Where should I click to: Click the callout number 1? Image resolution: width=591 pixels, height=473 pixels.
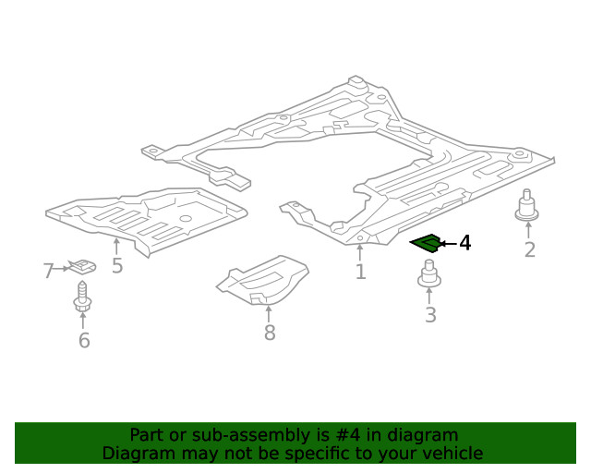click(x=360, y=272)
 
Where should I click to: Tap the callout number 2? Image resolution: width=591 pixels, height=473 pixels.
click(x=529, y=249)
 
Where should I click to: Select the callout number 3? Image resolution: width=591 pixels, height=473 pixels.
click(x=430, y=315)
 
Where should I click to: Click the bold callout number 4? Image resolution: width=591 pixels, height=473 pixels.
click(x=465, y=243)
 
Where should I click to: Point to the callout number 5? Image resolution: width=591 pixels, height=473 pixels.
click(x=117, y=265)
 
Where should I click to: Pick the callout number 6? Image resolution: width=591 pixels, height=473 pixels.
click(x=84, y=340)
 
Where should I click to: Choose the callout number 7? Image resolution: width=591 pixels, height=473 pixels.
click(x=48, y=271)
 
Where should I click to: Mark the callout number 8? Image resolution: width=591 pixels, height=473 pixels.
click(x=270, y=333)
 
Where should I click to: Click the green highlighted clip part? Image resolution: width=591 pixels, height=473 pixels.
click(x=426, y=243)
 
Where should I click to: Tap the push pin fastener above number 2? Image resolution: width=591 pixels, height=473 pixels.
click(x=526, y=206)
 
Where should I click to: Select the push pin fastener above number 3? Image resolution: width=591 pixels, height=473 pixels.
click(x=429, y=273)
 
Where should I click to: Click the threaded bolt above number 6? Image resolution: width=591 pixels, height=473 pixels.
click(x=82, y=297)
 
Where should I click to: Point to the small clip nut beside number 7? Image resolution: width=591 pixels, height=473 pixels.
click(x=82, y=266)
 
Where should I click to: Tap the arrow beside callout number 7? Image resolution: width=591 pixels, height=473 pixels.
click(x=62, y=269)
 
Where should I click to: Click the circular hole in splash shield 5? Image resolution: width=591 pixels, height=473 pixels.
click(x=186, y=218)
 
